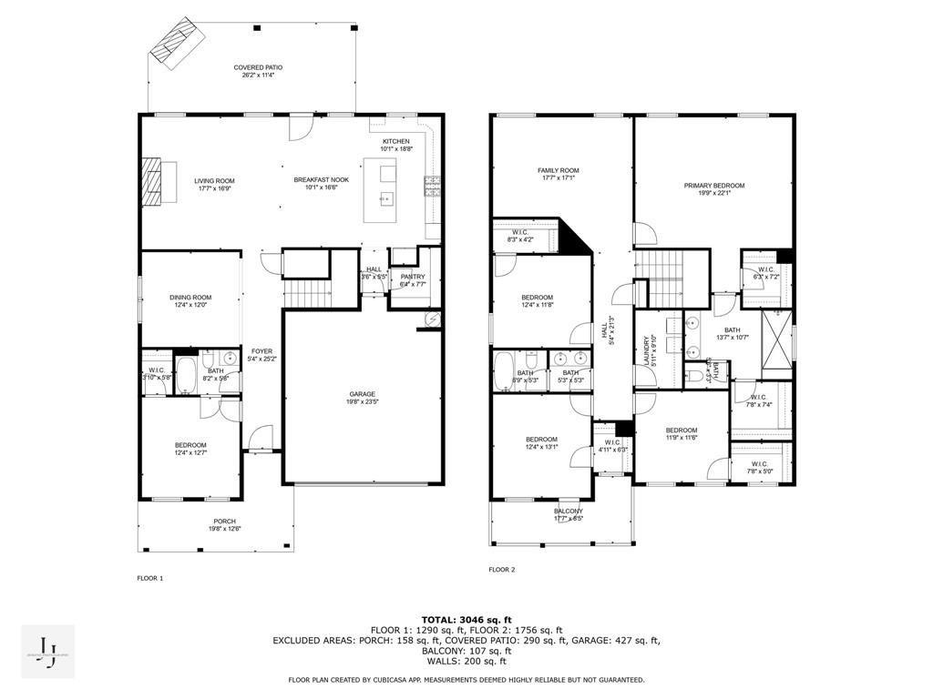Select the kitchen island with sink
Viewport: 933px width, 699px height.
click(x=384, y=189)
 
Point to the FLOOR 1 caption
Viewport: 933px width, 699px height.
click(x=149, y=578)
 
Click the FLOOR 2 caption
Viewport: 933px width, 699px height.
click(x=501, y=570)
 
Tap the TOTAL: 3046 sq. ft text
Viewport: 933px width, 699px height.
click(x=466, y=619)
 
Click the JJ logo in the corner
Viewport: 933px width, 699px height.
click(x=48, y=651)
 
